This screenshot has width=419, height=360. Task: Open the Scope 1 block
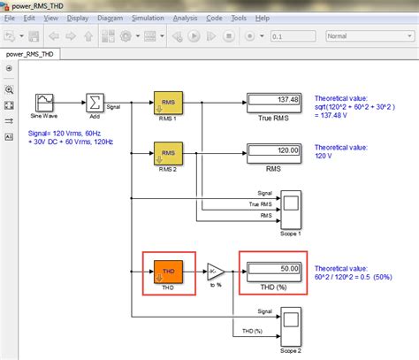(291, 203)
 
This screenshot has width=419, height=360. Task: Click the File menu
(10, 17)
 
